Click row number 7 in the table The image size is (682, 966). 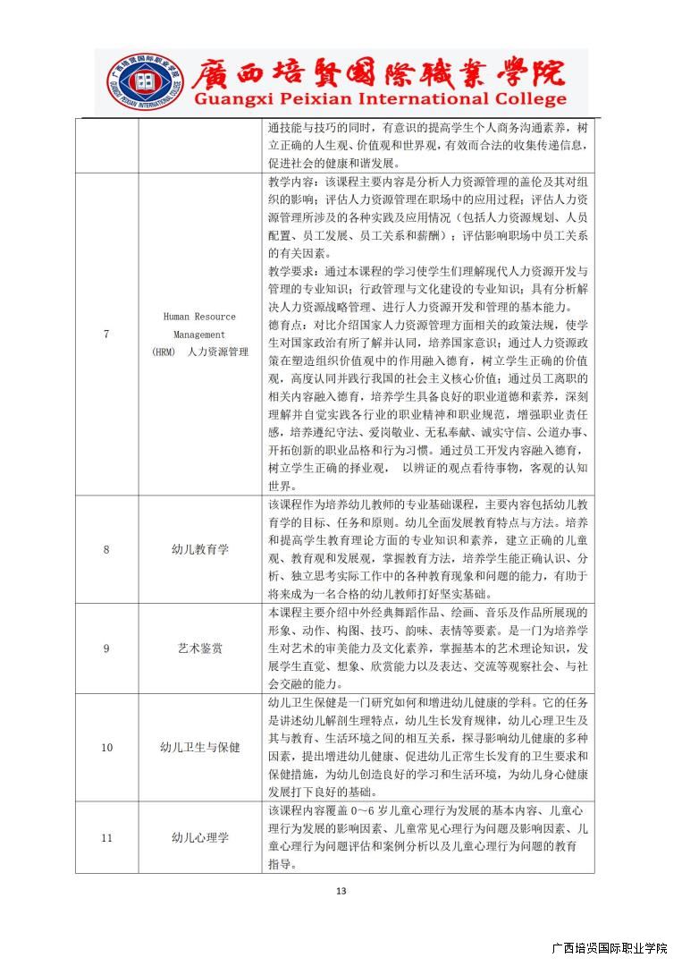(106, 334)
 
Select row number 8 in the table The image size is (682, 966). (106, 549)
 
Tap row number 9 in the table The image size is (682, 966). (106, 648)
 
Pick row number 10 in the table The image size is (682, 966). (106, 747)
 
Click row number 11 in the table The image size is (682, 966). (106, 837)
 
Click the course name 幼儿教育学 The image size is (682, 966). (199, 549)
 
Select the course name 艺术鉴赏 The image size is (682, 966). (199, 648)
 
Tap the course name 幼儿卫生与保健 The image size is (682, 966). (199, 747)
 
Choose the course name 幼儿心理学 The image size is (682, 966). (199, 837)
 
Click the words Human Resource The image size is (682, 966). (199, 317)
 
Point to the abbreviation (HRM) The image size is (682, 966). (164, 352)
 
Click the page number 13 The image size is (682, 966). (341, 891)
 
